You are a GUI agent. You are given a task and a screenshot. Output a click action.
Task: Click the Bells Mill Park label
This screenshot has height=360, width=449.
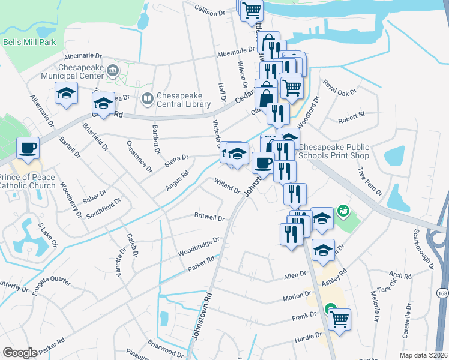click(29, 43)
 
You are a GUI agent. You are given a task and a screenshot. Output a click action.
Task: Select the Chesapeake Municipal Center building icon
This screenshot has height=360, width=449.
click(112, 71)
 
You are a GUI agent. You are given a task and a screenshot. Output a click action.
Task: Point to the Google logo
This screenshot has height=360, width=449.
click(20, 353)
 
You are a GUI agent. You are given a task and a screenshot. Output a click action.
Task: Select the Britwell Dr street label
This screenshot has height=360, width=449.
click(209, 217)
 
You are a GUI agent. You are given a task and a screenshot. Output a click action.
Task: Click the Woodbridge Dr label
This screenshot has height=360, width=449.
click(199, 246)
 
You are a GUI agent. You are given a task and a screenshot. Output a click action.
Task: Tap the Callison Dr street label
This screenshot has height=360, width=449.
click(209, 11)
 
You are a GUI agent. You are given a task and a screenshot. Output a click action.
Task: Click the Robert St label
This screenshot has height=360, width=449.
click(351, 115)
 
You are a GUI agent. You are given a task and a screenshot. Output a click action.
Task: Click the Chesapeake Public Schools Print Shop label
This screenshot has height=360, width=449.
click(334, 151)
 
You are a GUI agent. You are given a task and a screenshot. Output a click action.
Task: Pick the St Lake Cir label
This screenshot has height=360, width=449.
click(47, 236)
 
